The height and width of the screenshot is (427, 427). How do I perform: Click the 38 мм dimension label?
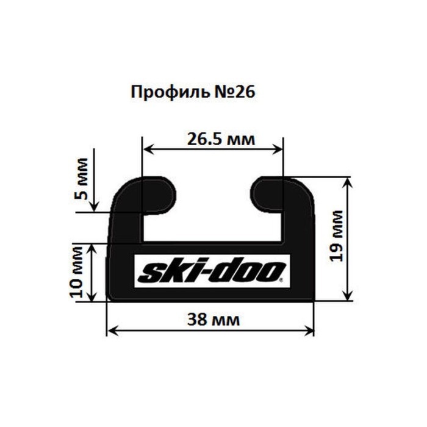tap(211, 319)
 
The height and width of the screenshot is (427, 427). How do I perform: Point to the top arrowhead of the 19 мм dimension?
tap(347, 182)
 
